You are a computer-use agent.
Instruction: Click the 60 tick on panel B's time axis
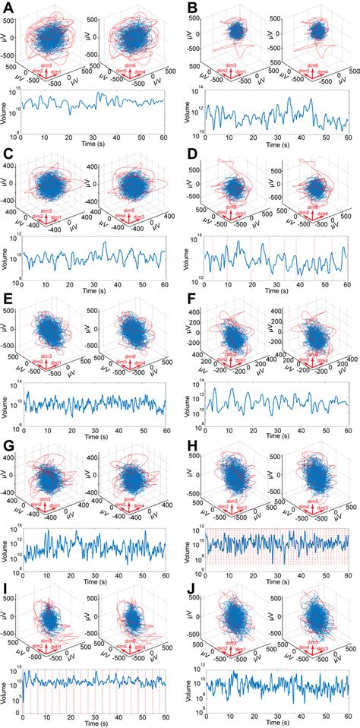pos(348,138)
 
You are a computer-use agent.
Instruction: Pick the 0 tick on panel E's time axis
pos(21,427)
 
